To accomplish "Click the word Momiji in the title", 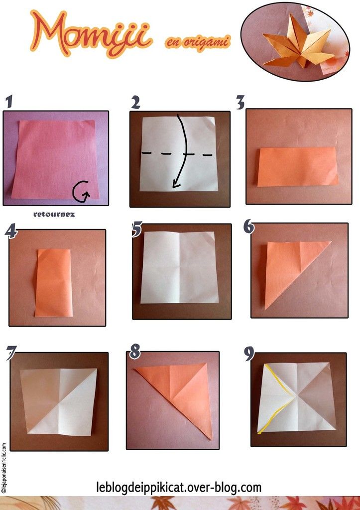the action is click(x=91, y=34).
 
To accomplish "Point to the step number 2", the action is click(x=135, y=103).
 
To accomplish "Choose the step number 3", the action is click(x=240, y=103).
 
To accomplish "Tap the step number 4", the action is click(x=11, y=232).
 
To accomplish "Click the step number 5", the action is click(x=137, y=229).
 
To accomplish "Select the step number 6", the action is click(x=249, y=227).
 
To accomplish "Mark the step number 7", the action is click(x=11, y=353).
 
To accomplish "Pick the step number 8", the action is click(x=134, y=352).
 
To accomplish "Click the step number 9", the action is click(x=249, y=354).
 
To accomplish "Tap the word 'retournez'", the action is click(x=54, y=214).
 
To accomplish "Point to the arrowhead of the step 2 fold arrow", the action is click(x=176, y=184).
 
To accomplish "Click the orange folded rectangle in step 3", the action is click(x=298, y=166).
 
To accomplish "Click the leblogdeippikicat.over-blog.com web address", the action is click(x=179, y=487).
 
